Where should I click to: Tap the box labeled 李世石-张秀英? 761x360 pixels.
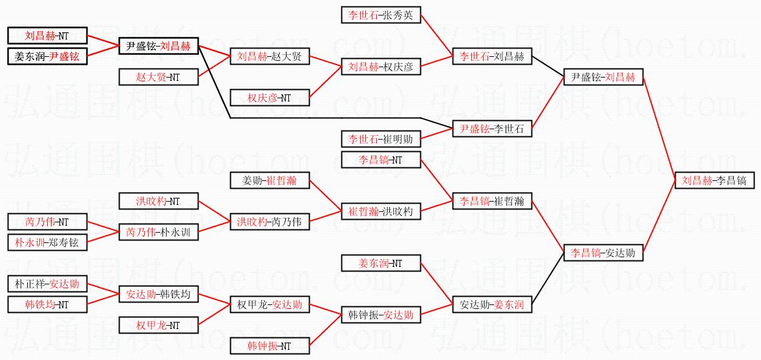coord(381,16)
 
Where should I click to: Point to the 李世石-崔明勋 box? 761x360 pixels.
coord(381,138)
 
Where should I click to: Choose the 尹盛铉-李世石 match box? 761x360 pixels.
coord(492,129)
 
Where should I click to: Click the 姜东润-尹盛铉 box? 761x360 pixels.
coord(47,56)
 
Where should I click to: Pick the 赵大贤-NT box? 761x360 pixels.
coord(158,77)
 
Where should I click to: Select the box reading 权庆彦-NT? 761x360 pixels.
coord(270,98)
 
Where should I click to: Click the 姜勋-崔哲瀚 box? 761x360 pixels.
coord(270,180)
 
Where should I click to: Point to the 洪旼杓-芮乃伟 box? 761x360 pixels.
coord(270,222)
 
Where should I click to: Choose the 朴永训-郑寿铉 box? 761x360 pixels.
coord(47,242)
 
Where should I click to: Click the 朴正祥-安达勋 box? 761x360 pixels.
coord(47,284)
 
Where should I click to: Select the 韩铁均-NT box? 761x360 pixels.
coord(47,304)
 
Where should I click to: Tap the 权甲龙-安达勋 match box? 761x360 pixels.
coord(270,304)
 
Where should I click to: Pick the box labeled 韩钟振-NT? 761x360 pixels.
coord(270,346)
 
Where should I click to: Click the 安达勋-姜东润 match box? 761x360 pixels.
coord(492,304)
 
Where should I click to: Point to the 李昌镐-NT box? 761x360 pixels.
coord(381,160)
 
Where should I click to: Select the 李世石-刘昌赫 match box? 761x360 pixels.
coord(492,57)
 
